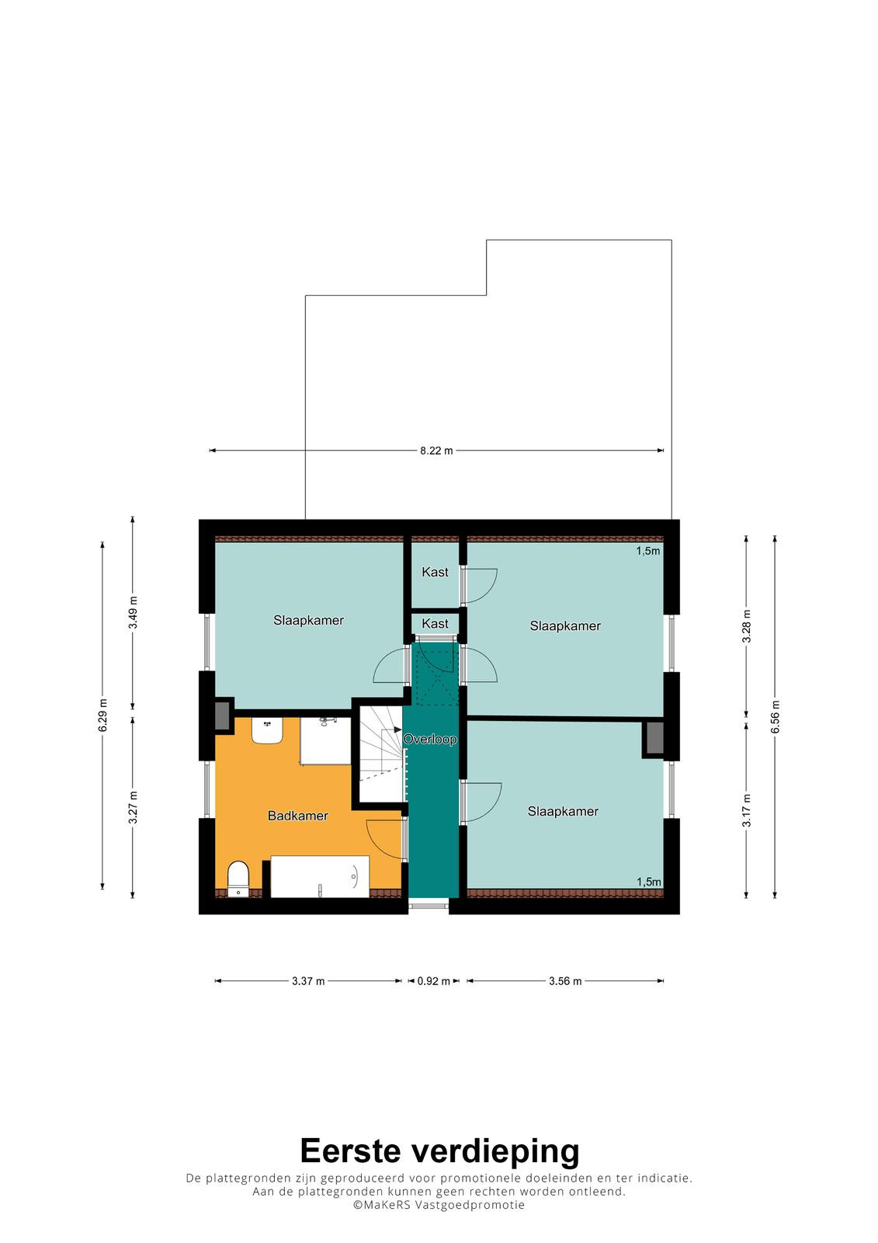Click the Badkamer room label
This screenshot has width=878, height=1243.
pos(298,816)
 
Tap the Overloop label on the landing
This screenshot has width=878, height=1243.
pos(430,739)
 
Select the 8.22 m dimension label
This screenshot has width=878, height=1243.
pos(436,451)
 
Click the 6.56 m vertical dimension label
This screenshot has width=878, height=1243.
pos(776,716)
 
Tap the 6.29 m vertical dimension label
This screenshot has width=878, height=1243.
pos(103,716)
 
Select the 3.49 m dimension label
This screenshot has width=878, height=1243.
pos(133,613)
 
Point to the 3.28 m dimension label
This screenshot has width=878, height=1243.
pos(747,626)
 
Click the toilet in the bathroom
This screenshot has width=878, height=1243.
pos(238,879)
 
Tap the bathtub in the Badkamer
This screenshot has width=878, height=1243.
pos(320,877)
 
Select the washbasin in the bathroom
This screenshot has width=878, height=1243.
pos(267,730)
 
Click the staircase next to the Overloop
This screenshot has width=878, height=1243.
pos(381,754)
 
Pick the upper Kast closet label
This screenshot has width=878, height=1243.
pos(435,572)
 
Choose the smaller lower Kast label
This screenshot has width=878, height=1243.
pos(435,624)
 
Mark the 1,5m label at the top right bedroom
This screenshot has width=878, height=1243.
pos(647,551)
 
